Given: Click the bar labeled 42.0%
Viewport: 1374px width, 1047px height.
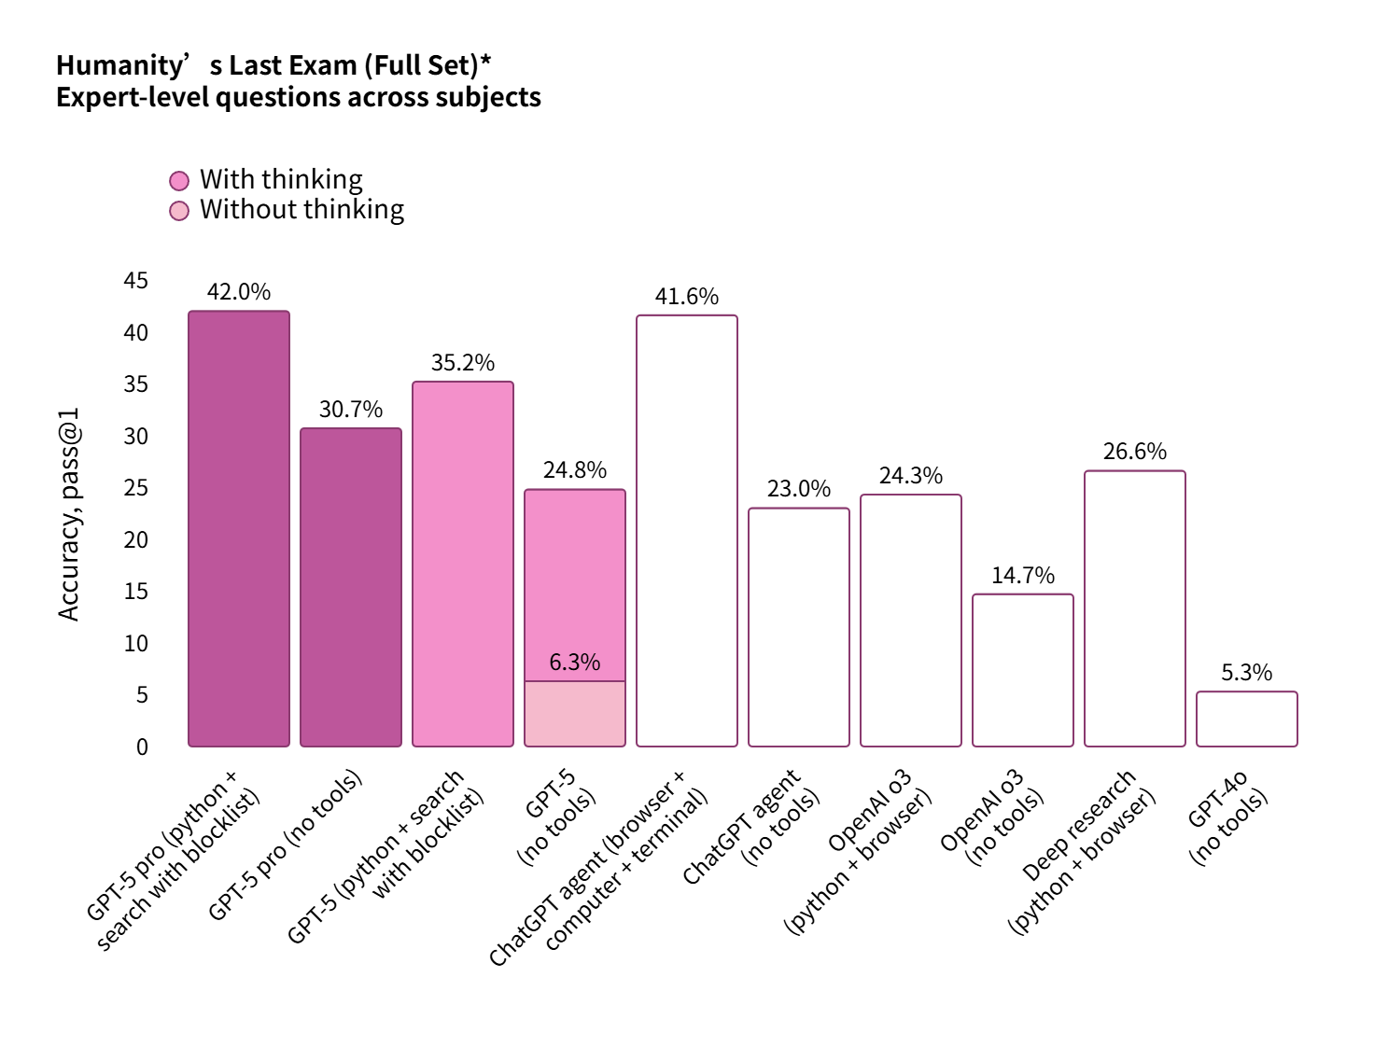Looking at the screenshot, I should click(x=239, y=528).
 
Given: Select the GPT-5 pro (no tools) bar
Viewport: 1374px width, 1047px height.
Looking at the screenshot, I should click(x=351, y=587).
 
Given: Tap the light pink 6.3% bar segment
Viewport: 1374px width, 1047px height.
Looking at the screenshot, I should click(x=575, y=714).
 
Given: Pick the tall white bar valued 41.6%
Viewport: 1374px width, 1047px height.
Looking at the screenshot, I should click(x=687, y=531).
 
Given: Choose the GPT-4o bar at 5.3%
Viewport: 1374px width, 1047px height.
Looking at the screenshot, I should click(x=1247, y=719).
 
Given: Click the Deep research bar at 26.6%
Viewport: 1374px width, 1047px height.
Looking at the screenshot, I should click(x=1135, y=608).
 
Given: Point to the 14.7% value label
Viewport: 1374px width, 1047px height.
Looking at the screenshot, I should click(x=1023, y=575).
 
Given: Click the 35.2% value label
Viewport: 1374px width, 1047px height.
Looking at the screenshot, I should click(x=463, y=362).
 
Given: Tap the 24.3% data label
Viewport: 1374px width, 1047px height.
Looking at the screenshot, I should click(x=911, y=475).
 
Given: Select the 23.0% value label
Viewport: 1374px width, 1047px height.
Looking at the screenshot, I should click(x=799, y=488).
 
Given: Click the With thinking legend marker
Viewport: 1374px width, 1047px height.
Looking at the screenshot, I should click(x=179, y=180).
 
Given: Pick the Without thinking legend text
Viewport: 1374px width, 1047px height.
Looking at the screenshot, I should click(x=301, y=209).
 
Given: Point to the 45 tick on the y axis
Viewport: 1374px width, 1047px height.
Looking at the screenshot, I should click(x=136, y=281).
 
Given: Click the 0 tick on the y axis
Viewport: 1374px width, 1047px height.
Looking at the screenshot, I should click(x=142, y=747).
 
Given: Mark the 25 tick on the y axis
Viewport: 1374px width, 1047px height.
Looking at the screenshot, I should click(x=136, y=488).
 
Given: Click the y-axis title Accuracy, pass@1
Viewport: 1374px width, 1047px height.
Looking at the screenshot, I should click(x=69, y=513).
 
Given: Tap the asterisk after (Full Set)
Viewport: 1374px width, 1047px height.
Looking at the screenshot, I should click(x=485, y=62).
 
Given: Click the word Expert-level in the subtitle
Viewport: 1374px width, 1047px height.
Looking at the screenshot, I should click(x=133, y=97).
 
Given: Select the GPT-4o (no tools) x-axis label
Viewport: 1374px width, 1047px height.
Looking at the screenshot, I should click(x=1228, y=819).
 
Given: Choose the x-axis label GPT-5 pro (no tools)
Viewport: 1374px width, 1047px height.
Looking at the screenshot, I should click(x=285, y=845).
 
